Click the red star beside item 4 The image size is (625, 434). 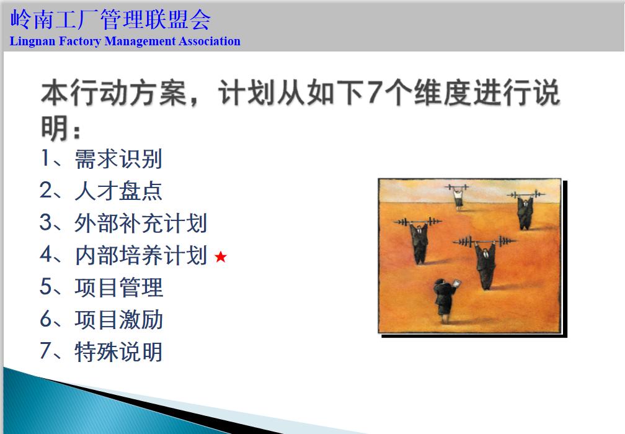[221, 256]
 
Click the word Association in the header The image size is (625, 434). [210, 42]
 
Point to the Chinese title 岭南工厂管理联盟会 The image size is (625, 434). [110, 19]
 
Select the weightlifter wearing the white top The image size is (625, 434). [458, 198]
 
